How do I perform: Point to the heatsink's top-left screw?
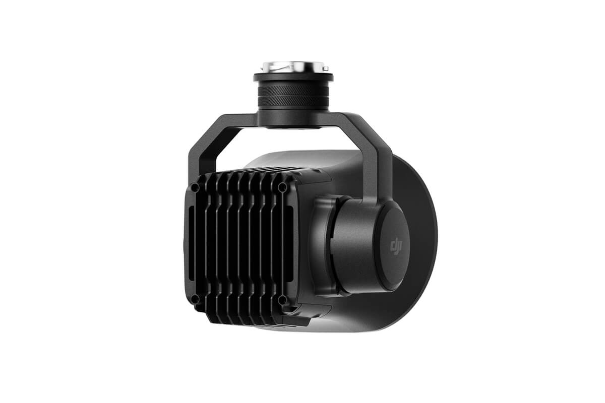pos(195,188)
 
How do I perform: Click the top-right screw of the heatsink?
pos(282,187)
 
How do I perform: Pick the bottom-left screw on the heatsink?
pos(196,299)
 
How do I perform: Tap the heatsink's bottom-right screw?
pos(282,300)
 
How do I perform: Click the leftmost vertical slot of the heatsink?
pos(190,244)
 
